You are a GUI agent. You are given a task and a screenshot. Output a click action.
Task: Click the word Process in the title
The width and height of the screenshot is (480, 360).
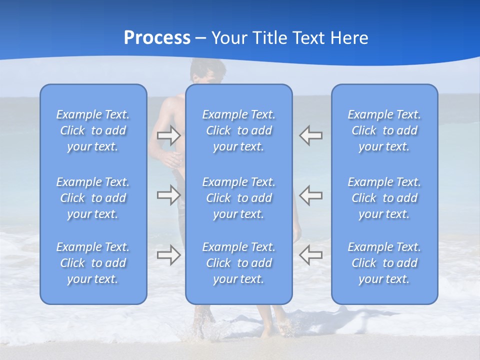pos(157,38)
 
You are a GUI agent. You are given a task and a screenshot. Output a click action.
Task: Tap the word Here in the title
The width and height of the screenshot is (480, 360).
pos(349,38)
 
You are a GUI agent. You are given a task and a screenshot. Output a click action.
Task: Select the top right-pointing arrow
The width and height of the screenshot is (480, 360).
pos(168,135)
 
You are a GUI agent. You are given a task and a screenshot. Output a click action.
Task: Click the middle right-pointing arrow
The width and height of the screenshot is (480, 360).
pos(168,195)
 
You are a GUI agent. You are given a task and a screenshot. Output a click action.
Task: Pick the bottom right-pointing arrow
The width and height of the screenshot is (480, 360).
pos(168,254)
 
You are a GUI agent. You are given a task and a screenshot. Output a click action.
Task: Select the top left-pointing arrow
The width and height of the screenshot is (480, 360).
pos(311,135)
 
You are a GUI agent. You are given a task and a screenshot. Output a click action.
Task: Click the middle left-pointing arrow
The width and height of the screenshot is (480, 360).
pos(311,195)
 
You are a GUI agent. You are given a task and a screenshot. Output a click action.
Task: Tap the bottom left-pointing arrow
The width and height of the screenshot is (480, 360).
pos(311,254)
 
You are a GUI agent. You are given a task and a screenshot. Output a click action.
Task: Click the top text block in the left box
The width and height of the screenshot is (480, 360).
pos(93,130)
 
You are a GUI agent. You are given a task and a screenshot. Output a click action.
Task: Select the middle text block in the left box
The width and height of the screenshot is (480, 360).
pos(93,198)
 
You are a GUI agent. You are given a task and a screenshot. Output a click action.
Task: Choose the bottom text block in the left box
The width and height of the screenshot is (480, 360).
pos(93,263)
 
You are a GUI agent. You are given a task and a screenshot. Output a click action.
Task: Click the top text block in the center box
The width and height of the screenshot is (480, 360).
pos(239,130)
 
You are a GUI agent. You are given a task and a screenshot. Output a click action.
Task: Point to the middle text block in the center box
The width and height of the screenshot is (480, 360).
pos(239,198)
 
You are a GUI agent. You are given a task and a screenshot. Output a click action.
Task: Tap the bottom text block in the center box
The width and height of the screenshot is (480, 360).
pos(239,263)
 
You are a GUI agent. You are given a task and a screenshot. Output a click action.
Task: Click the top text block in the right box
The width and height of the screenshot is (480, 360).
pos(384,130)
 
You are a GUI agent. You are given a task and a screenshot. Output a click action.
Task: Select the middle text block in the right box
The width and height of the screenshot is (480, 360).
pos(384,198)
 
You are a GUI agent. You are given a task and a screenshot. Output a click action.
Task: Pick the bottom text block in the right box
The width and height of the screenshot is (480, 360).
pos(384,263)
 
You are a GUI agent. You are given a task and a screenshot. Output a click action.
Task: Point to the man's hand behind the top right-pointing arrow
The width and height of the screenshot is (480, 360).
pos(172,159)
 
